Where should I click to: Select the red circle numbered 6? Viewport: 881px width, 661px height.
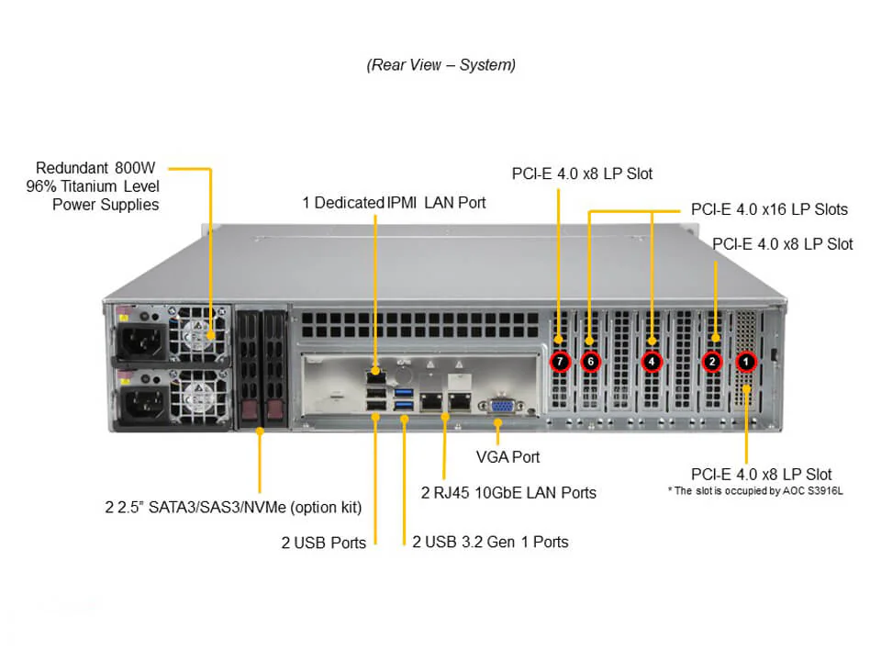[x=590, y=362]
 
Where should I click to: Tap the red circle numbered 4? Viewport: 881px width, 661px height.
[x=652, y=362]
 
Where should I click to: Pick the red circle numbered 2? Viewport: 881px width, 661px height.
[x=712, y=362]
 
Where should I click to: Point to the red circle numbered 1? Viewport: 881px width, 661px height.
[x=746, y=362]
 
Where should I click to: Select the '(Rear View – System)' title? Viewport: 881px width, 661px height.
[x=440, y=65]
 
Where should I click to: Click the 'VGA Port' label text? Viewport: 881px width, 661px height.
[x=507, y=456]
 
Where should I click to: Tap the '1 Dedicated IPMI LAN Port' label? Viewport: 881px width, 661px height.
[x=395, y=202]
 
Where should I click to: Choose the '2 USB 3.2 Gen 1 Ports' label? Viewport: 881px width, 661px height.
[x=490, y=542]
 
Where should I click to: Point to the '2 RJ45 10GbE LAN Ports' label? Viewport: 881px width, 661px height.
[x=508, y=493]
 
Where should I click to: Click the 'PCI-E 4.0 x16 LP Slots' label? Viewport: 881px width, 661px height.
[x=769, y=209]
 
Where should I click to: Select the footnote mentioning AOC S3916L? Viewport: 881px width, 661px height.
[x=754, y=492]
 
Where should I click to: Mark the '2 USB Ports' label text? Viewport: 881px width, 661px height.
[x=323, y=543]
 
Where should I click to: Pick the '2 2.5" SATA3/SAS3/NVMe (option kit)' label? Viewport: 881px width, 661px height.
[x=233, y=507]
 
